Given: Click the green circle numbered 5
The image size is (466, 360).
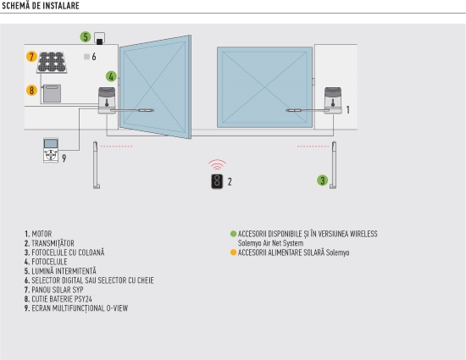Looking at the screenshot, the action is coord(86,37).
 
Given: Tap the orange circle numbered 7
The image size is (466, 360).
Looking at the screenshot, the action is coord(31,57).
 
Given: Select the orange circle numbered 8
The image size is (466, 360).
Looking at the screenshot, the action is coord(31,91).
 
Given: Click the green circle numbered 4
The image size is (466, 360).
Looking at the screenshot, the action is coord(111,76).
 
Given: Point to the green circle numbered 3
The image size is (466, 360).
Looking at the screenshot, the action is coord(323,180).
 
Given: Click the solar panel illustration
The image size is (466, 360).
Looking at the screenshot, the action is coord(52,63).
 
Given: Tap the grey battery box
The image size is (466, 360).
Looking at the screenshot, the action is coord(52,93).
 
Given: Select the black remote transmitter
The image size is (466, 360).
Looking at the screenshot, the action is coord(217,181).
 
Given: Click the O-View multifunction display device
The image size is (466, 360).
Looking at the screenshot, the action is coord(51,150).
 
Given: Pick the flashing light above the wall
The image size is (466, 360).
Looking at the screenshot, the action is coord(100,39).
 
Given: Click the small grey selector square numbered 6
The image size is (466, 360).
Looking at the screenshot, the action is coord(86,57).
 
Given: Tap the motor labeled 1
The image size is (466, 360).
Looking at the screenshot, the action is coord(333,101).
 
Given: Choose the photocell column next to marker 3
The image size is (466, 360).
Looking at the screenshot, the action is coord(334,165).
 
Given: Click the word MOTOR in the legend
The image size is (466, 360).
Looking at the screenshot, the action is coord(42,234).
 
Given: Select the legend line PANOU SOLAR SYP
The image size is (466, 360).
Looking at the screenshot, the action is coord(53,290).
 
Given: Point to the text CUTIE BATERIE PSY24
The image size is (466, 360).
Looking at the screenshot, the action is coord(62,299).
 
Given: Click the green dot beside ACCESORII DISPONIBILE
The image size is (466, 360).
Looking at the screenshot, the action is coord(233,234).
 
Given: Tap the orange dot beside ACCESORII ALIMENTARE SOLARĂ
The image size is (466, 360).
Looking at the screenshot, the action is coord(233,252).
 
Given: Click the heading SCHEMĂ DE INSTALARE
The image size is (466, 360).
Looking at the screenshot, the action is coord(41,6).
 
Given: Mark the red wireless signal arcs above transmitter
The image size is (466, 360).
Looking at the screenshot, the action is coord(217,164).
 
